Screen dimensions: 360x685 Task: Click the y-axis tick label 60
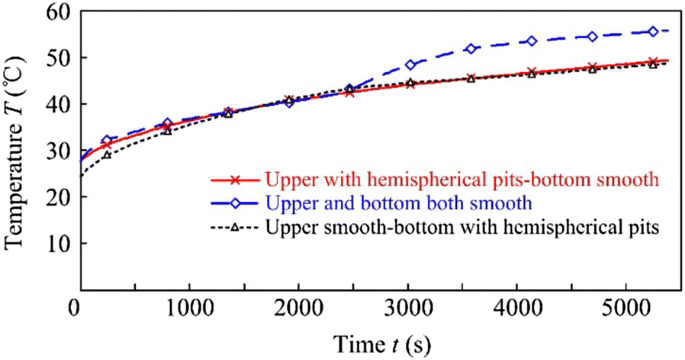tap(53, 13)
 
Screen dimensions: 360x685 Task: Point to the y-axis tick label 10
tap(53, 243)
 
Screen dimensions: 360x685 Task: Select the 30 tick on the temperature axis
tap(53, 151)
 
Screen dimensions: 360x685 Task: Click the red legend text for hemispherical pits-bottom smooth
tap(463, 181)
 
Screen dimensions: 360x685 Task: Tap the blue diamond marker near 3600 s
tap(471, 49)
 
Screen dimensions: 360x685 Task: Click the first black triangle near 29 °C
tap(106, 154)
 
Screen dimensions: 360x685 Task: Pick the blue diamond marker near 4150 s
tap(532, 41)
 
